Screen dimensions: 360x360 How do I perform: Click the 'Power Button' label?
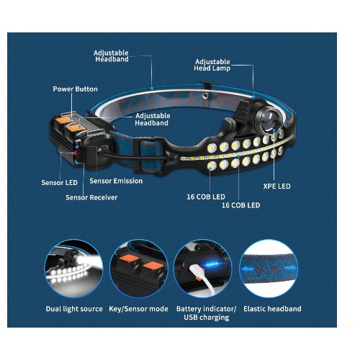(x=75, y=89)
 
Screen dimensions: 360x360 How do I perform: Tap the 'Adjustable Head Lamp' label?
(x=212, y=65)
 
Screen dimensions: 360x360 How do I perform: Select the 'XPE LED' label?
(x=276, y=186)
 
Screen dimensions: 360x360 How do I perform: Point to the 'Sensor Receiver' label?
(x=91, y=197)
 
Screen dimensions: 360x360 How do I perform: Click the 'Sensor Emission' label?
(x=116, y=181)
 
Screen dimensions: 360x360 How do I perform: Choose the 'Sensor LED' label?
(x=59, y=183)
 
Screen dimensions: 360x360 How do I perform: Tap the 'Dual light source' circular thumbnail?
(x=73, y=269)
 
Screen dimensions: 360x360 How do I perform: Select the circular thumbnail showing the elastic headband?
(x=269, y=269)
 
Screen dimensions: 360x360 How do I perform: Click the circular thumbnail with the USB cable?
(x=203, y=269)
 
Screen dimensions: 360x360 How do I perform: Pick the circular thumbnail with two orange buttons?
(x=139, y=269)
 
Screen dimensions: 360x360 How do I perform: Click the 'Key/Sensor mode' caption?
(x=138, y=309)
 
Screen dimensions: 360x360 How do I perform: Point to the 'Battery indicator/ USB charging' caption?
(x=207, y=313)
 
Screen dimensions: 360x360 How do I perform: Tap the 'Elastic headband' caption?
(x=272, y=309)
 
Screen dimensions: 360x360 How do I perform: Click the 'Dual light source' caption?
(x=74, y=309)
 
